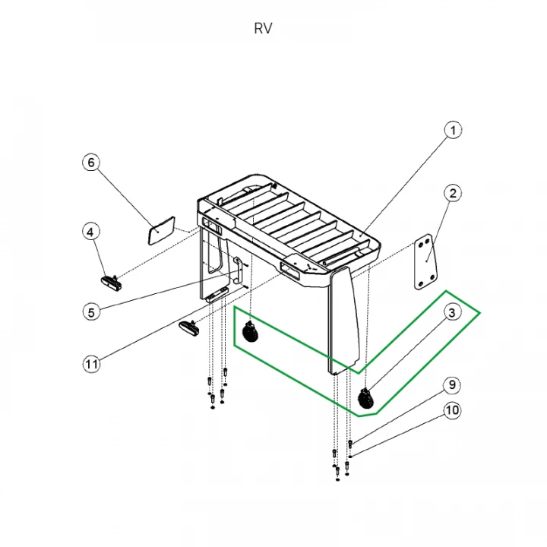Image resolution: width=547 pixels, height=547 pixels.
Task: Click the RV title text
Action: (263, 29)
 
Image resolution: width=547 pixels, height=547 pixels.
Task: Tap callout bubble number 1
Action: (453, 131)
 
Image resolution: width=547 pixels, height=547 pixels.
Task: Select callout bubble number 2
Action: (453, 193)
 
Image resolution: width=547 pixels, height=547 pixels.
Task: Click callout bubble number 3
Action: (452, 312)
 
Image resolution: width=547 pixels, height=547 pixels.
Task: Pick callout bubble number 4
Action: (90, 232)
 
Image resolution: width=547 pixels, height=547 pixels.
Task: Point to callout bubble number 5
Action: (91, 312)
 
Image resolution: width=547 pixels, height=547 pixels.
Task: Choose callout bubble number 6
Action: (91, 163)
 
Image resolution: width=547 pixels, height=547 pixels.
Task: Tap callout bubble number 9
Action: (452, 384)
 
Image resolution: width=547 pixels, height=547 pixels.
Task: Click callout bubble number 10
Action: (452, 410)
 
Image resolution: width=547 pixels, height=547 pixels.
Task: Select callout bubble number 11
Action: (91, 364)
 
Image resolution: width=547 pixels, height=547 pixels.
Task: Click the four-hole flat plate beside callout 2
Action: (425, 262)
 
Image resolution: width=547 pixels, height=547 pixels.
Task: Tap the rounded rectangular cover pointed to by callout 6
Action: (162, 231)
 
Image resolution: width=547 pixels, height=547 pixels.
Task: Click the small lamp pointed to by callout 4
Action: (111, 283)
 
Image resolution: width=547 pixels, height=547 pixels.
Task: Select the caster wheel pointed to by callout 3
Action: (366, 398)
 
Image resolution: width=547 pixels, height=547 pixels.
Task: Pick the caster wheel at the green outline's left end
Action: (251, 332)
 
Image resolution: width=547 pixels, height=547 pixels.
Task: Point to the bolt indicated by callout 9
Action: (350, 444)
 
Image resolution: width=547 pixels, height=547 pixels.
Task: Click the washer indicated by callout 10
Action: (350, 457)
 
